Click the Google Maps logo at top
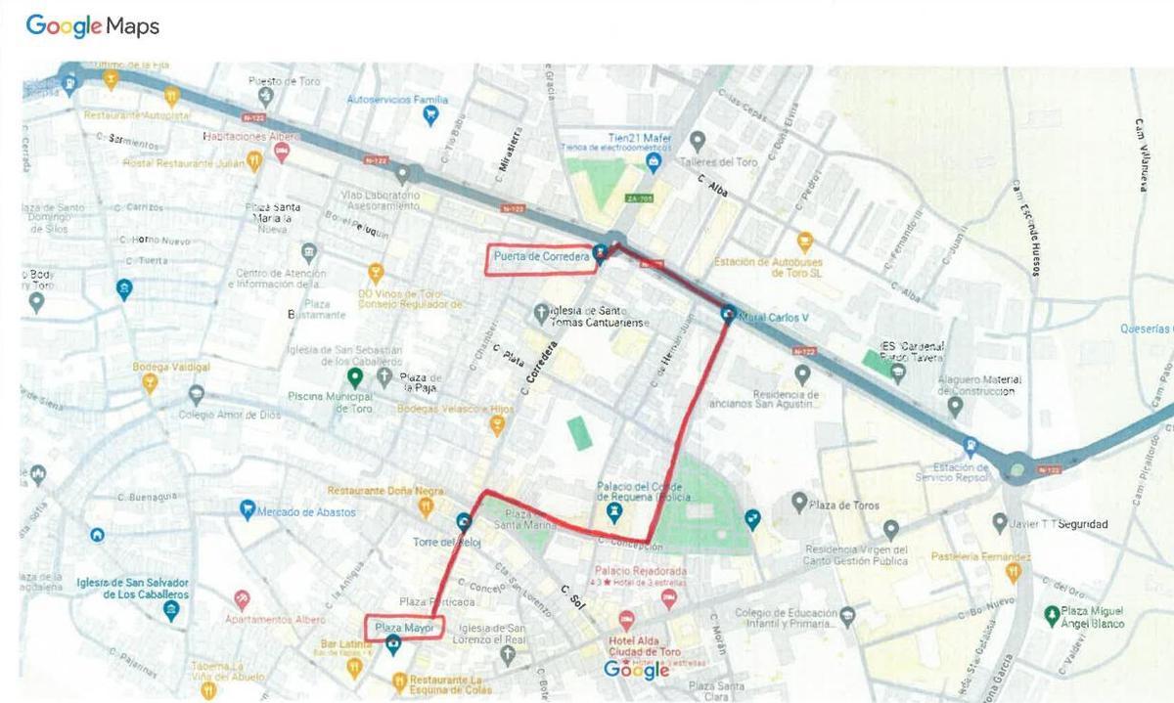point(92,26)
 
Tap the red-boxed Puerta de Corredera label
point(541,258)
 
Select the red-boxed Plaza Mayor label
point(404,627)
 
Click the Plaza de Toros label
point(844,505)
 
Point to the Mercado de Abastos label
point(306,511)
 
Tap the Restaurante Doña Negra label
point(372,491)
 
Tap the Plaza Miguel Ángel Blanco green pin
point(1052,614)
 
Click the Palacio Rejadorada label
point(640,571)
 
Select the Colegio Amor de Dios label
point(229,415)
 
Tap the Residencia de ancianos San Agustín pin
point(802,373)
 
